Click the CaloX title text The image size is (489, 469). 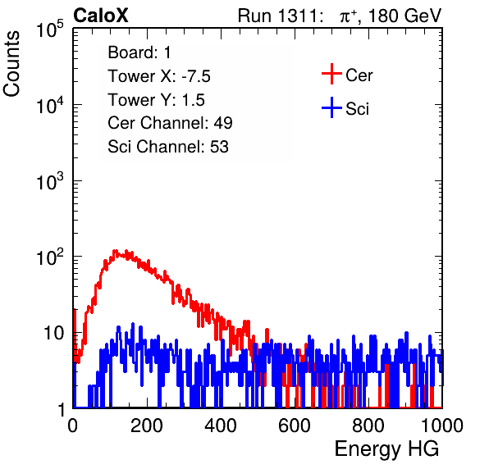point(101,16)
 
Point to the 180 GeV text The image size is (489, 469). point(405,16)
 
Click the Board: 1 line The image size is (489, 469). point(139,52)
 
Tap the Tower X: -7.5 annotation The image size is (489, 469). point(159,76)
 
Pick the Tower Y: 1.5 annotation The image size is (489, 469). point(156,100)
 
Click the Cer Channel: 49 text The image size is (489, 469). point(170,123)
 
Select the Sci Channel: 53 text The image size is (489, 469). point(168,147)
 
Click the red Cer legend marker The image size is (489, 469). point(331,74)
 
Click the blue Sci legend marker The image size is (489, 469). point(331,108)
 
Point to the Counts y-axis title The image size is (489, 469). point(11,64)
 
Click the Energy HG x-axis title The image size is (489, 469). point(386,449)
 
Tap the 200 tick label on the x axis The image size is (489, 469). point(147,426)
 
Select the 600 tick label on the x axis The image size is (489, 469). point(295,426)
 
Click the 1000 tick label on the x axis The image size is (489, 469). point(442,426)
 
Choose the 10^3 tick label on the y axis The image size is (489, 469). point(50,180)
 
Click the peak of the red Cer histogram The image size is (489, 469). point(115,251)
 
